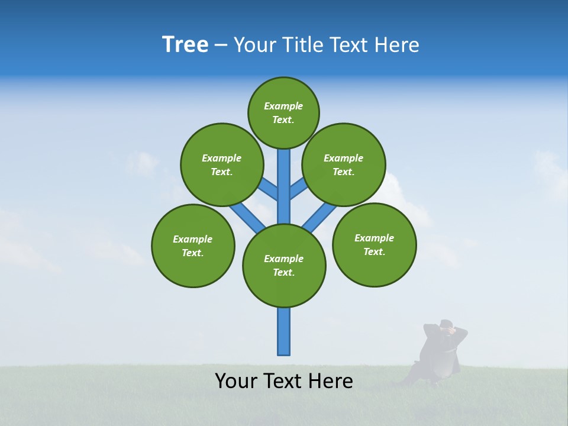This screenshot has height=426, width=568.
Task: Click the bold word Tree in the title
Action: (x=185, y=44)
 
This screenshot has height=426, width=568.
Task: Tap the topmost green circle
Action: (x=283, y=112)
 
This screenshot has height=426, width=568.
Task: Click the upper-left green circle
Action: (x=221, y=164)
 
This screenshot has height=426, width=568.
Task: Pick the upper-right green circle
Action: (x=344, y=164)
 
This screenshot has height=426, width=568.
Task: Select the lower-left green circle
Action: (x=193, y=246)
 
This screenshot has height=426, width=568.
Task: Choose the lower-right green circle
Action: (x=374, y=244)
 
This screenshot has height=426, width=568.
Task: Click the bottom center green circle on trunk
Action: (x=284, y=265)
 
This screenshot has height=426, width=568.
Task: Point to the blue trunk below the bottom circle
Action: (x=284, y=331)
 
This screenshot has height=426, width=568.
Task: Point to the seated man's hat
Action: (x=447, y=323)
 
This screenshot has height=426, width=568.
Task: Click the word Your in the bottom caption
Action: (x=236, y=380)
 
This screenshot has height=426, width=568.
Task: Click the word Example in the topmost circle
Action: (x=283, y=106)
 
